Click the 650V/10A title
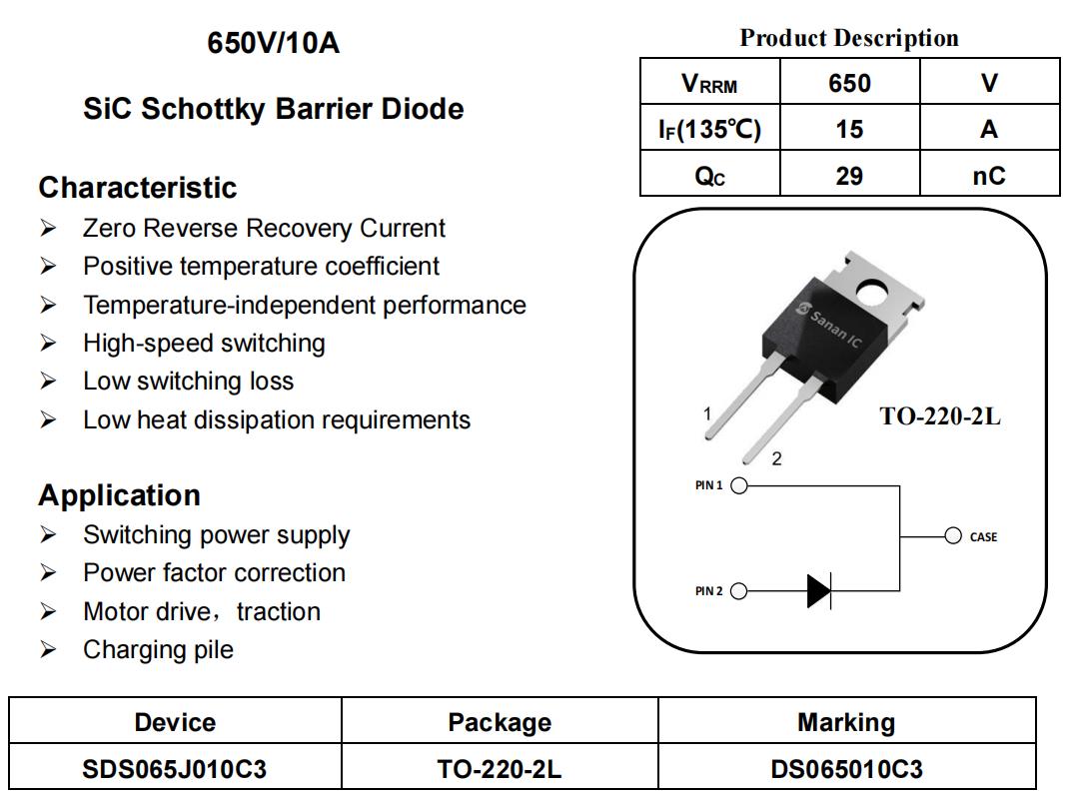[273, 42]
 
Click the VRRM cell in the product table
[709, 82]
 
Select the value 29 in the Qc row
[849, 176]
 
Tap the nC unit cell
[989, 174]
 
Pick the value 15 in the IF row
[849, 129]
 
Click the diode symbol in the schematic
[819, 590]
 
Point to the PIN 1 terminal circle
[739, 485]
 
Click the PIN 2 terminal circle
[739, 591]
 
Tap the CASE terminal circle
[953, 535]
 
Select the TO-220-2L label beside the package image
[940, 416]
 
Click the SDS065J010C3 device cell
[175, 769]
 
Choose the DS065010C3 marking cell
[846, 769]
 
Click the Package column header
[500, 722]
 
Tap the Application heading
[120, 494]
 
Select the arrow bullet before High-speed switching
[48, 343]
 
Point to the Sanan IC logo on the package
[829, 326]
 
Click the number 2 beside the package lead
[776, 458]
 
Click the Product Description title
[849, 37]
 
